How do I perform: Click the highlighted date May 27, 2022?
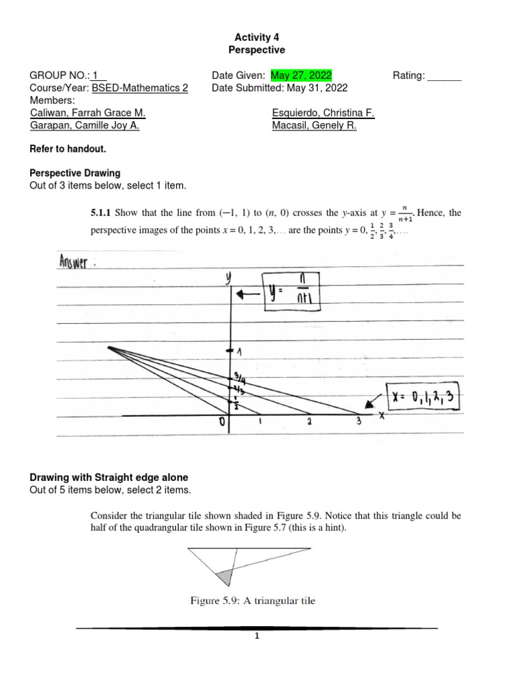(x=301, y=76)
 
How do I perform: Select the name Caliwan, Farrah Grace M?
(x=88, y=114)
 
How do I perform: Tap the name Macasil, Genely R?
(x=315, y=126)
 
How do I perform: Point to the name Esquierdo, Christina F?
(x=323, y=114)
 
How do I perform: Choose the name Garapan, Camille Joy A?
(x=85, y=126)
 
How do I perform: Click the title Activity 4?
(x=256, y=37)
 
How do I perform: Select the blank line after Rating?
(x=444, y=76)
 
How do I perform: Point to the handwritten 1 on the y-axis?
(x=238, y=351)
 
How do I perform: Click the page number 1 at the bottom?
(x=256, y=637)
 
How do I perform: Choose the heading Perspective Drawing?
(x=76, y=173)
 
